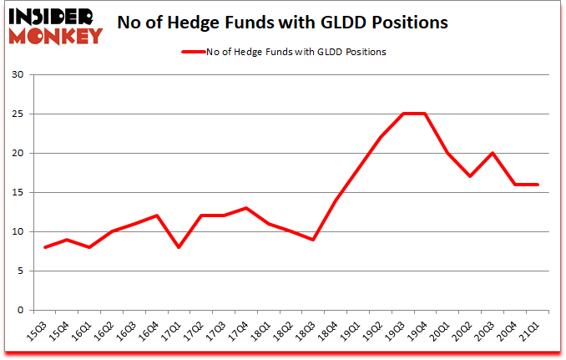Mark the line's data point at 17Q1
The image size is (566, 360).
coord(179,247)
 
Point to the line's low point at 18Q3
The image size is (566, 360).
coord(314,240)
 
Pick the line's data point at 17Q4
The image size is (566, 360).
coord(246,208)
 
